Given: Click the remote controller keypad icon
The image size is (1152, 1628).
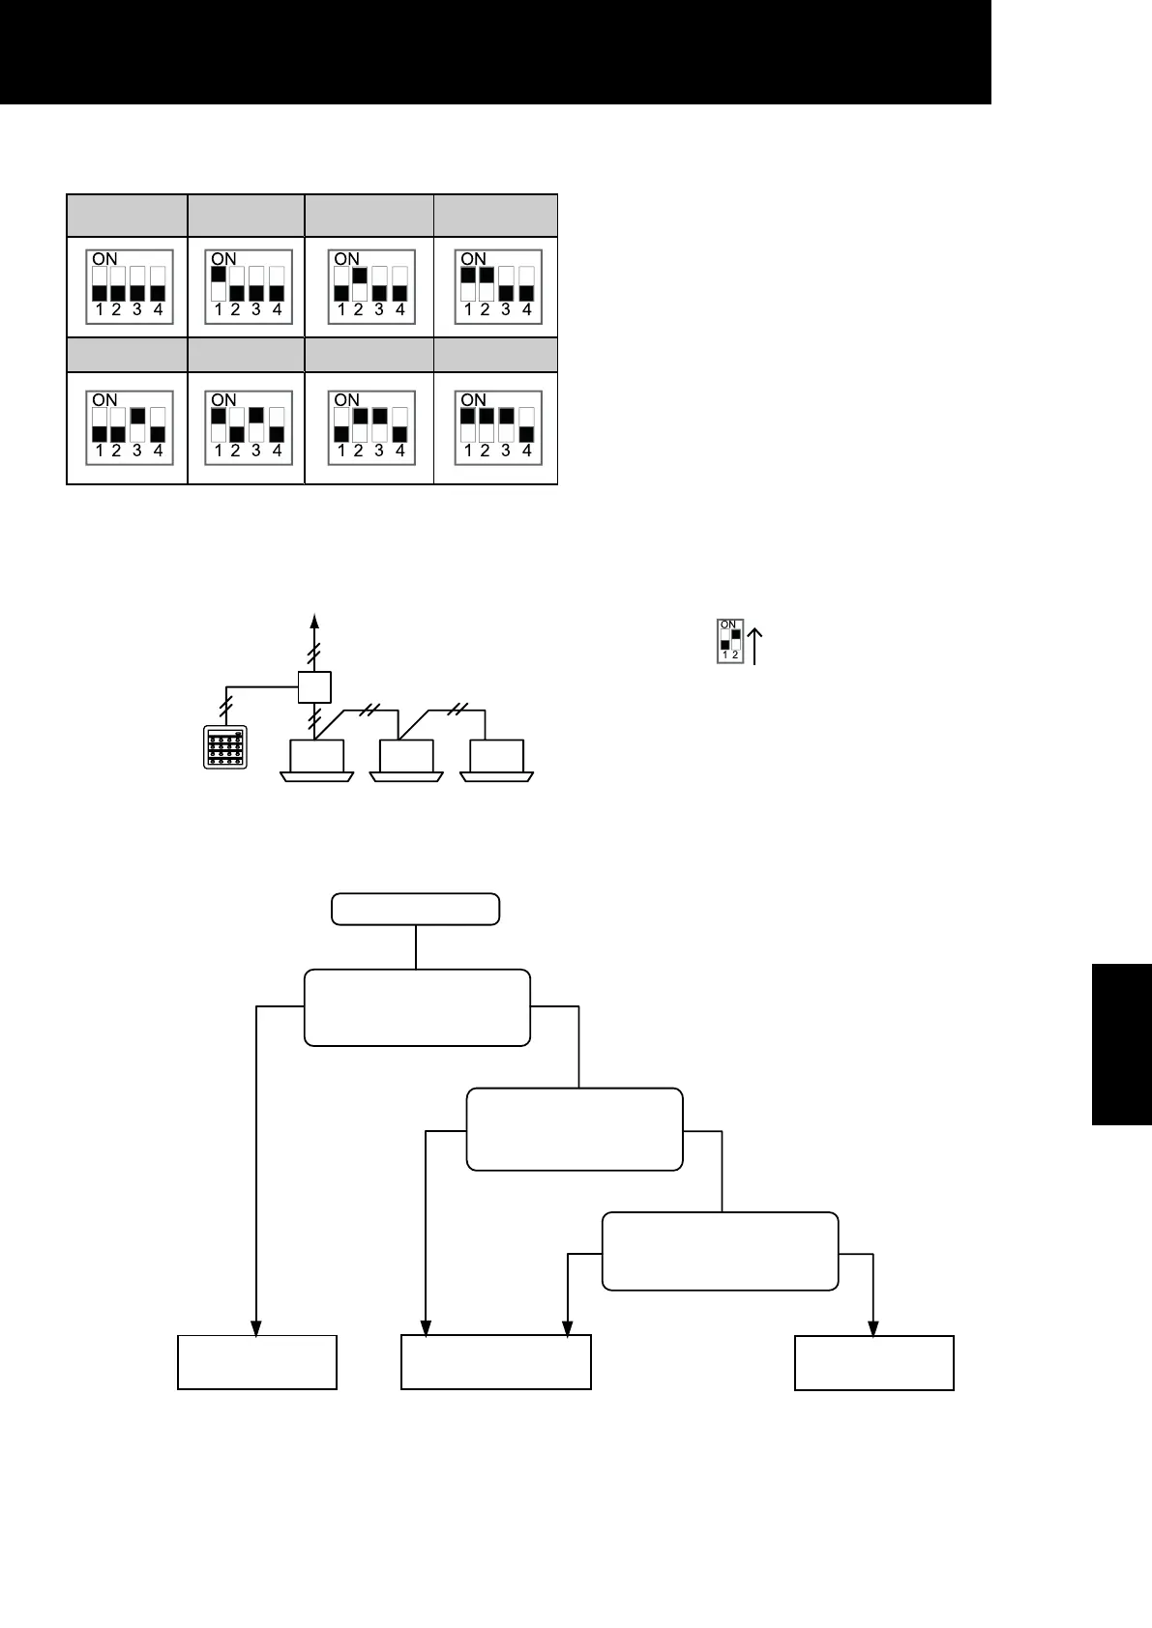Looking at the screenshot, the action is [x=225, y=746].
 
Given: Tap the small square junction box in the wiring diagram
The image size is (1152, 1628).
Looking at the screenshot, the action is [x=314, y=687].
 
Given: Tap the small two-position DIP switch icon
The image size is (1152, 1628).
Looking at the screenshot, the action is [x=730, y=641].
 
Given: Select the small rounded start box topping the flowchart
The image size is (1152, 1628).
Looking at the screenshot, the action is [x=416, y=910].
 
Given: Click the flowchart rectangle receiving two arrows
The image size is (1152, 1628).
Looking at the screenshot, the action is [x=495, y=1362].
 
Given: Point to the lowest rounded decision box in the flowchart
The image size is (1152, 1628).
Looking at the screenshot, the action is [x=720, y=1251].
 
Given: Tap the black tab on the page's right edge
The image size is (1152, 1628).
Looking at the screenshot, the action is [x=1122, y=1043].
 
